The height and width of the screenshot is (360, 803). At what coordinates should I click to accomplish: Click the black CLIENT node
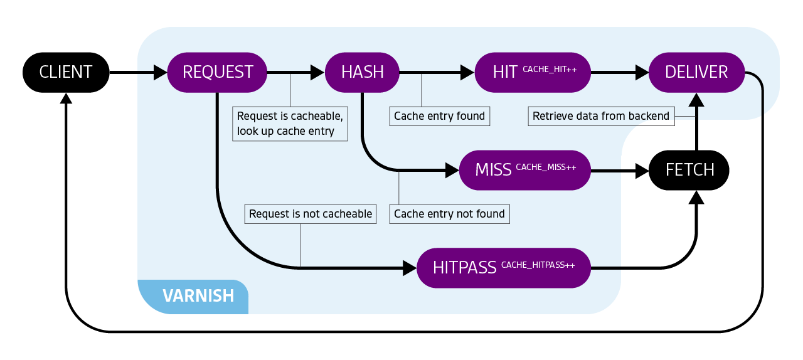[x=66, y=72]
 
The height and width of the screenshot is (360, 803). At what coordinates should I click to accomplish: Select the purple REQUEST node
[x=217, y=72]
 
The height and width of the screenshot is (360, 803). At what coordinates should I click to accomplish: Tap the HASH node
[x=362, y=72]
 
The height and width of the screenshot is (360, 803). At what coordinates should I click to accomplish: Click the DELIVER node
[x=696, y=72]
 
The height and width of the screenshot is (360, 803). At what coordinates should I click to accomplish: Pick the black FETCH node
[x=689, y=170]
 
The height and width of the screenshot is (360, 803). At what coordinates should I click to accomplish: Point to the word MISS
[x=493, y=170]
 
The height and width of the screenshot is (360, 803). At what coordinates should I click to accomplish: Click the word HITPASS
[x=465, y=268]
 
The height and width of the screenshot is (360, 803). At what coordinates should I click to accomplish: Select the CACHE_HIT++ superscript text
[x=550, y=69]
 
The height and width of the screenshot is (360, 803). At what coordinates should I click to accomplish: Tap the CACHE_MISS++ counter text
[x=545, y=167]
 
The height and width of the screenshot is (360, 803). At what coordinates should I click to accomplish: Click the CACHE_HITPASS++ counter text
[x=538, y=265]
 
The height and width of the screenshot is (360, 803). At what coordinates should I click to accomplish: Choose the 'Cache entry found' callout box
[x=439, y=116]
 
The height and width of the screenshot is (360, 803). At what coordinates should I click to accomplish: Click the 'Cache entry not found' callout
[x=449, y=214]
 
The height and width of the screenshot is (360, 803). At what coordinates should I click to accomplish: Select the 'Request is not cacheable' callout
[x=311, y=214]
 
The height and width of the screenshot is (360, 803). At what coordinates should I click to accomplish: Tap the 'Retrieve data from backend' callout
[x=600, y=116]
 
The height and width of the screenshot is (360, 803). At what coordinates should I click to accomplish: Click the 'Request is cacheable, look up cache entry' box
[x=290, y=124]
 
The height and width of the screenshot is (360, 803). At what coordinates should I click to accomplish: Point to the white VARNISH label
[x=198, y=295]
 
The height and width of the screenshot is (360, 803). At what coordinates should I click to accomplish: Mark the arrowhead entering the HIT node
[x=467, y=73]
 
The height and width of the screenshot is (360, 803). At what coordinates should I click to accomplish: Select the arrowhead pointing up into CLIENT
[x=66, y=98]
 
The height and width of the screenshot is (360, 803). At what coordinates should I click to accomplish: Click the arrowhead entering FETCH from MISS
[x=641, y=170]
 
